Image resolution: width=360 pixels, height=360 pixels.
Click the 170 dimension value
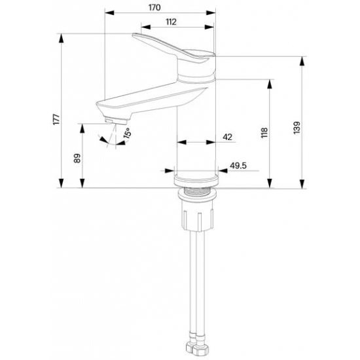154,8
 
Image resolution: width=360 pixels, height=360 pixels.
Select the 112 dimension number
171,22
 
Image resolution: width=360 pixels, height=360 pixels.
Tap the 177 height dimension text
56,119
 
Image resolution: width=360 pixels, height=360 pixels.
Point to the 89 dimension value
77,158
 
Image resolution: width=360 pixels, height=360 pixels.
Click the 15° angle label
127,133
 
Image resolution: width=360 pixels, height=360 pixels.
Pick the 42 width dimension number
227,137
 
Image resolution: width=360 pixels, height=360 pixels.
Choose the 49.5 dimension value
238,166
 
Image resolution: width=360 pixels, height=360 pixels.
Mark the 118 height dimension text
264,133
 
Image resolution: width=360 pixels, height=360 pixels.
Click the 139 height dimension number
297,128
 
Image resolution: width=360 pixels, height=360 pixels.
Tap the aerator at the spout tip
116,121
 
